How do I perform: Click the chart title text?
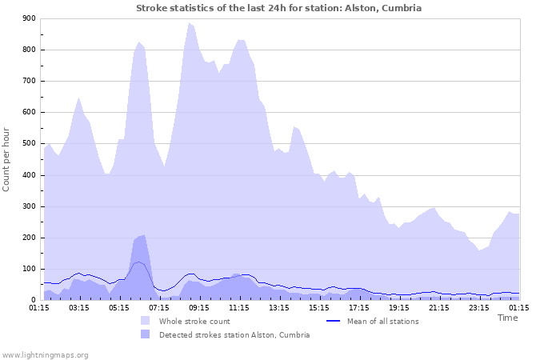pos(278,8)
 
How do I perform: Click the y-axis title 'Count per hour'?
pos(7,159)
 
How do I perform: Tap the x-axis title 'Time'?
pos(507,318)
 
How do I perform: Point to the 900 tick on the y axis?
pos(29,18)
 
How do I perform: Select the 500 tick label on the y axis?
pos(29,144)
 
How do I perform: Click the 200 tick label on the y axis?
pos(29,238)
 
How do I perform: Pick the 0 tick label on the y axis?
pos(33,300)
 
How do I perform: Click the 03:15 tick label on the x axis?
pos(78,306)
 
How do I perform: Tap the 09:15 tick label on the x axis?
pos(198,306)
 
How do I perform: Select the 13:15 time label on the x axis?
pos(278,306)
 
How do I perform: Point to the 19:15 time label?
pos(398,306)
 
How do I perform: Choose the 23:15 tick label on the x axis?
pos(478,306)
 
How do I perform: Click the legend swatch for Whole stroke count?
pos(145,321)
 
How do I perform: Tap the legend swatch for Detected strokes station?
pos(145,334)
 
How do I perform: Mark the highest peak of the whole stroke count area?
pos(190,22)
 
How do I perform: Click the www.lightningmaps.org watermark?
pos(45,354)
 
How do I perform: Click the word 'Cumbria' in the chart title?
pos(401,8)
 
